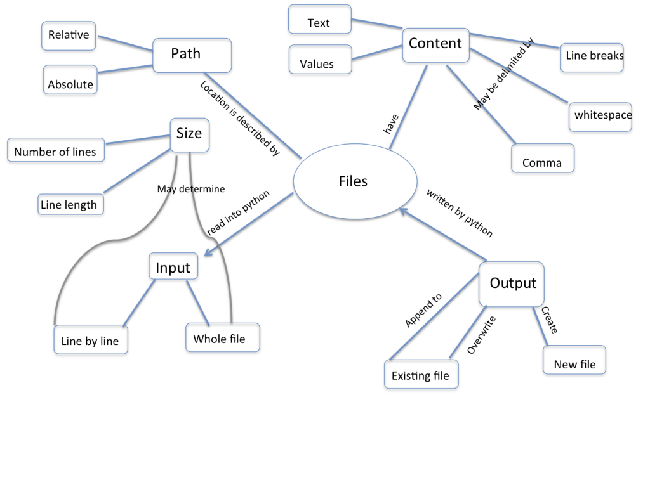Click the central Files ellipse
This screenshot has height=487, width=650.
tap(353, 181)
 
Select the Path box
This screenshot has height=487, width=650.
tap(192, 55)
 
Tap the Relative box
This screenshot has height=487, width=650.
tap(69, 36)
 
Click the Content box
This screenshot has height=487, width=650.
tap(435, 44)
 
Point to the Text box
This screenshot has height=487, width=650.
tap(319, 20)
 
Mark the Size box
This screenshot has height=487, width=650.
tap(189, 134)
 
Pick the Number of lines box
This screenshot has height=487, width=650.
tap(56, 150)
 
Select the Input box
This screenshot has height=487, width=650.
tap(173, 266)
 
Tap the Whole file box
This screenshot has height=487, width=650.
tap(223, 337)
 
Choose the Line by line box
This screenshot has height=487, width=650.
tap(90, 339)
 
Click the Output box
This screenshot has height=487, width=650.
tap(512, 283)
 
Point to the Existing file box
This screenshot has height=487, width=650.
tap(421, 374)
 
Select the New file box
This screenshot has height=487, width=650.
tap(574, 360)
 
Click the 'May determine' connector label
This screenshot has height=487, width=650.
tap(191, 188)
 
